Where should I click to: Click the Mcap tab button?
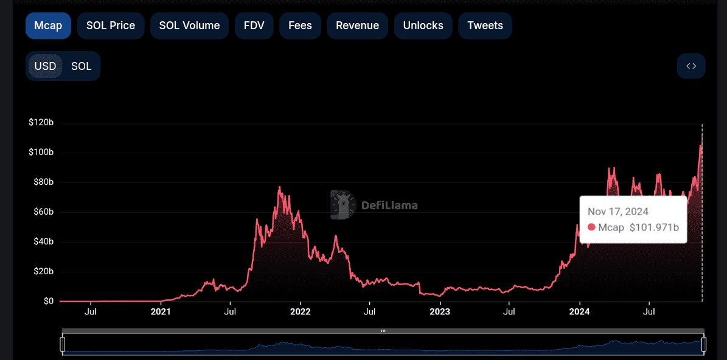tap(48, 26)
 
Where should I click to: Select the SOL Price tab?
tap(111, 26)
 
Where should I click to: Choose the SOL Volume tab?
tap(189, 26)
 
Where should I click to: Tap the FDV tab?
tap(254, 26)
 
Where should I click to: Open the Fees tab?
tap(300, 26)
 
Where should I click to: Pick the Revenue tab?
tap(357, 26)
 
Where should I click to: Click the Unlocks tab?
tap(423, 26)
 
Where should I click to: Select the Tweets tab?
tap(485, 26)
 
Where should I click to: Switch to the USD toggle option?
tap(45, 66)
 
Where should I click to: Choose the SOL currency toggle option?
tap(82, 66)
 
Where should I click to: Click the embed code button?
tap(691, 66)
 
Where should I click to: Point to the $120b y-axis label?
tap(41, 123)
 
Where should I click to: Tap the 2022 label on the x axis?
tap(301, 312)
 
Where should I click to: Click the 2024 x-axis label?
tap(580, 312)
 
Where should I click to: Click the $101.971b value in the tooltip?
tap(653, 227)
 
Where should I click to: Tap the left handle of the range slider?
tap(62, 344)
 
